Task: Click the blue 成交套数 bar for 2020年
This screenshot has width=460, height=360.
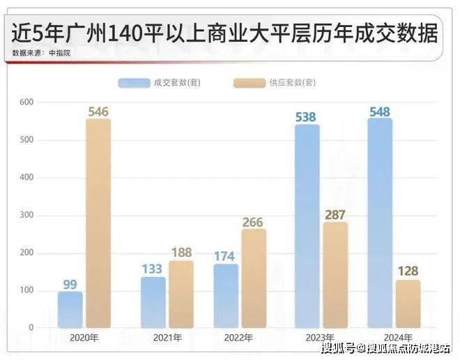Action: pyautogui.click(x=70, y=309)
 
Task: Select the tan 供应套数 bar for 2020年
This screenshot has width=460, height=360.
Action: pyautogui.click(x=98, y=223)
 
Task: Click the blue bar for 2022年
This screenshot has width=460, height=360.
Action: pyautogui.click(x=226, y=295)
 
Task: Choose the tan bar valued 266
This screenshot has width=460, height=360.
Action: pyautogui.click(x=254, y=278)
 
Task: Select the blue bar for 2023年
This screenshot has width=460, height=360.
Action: pyautogui.click(x=307, y=226)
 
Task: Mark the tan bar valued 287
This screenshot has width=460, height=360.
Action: pyautogui.click(x=335, y=274)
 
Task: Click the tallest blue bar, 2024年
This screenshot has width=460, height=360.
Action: pyautogui.click(x=380, y=223)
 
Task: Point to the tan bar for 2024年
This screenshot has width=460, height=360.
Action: pyautogui.click(x=408, y=304)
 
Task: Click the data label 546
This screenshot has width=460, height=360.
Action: pyautogui.click(x=98, y=111)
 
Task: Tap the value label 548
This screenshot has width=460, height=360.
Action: pyautogui.click(x=380, y=111)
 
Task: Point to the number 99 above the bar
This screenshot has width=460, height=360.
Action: pyautogui.click(x=70, y=284)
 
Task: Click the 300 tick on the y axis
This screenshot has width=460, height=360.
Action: pyautogui.click(x=26, y=215)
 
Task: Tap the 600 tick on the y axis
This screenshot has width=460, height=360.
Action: pyautogui.click(x=26, y=102)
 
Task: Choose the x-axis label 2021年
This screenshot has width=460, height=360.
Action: pyautogui.click(x=168, y=338)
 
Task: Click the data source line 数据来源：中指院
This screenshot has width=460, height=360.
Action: pyautogui.click(x=41, y=53)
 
